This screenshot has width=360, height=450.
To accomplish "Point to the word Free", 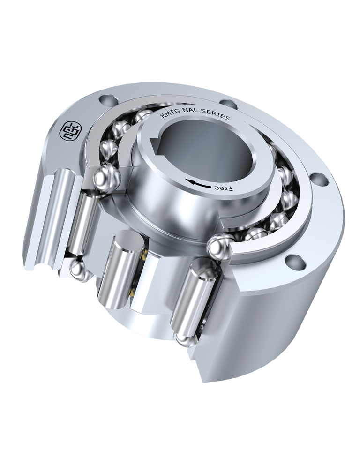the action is pos(223,188).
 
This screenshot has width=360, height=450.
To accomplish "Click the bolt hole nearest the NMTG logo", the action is pos(108,100).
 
